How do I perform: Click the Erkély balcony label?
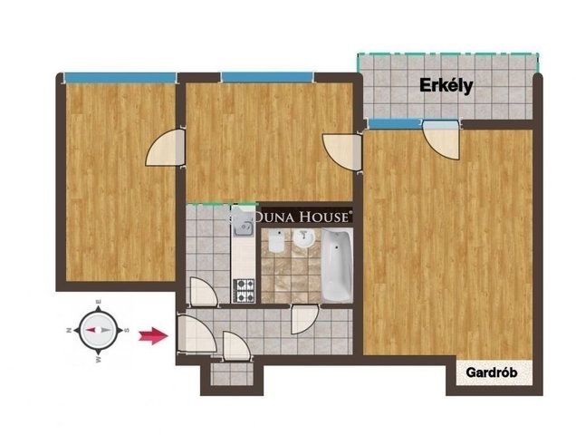pos(446,86)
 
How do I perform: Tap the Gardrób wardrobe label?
pos(492,372)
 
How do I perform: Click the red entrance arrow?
pos(153,335)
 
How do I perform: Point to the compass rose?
pos(99,330)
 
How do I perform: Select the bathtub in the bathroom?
pos(337,266)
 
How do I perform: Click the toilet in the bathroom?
pos(276,241)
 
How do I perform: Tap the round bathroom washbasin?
pos(303,238)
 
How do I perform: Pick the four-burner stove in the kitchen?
pos(244,291)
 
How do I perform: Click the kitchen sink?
pos(243,229)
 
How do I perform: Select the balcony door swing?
pos(441,139)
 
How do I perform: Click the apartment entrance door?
pos(197,334)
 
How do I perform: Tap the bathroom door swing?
pos(304,319)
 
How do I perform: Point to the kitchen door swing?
pos(205,292)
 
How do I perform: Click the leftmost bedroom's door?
pos(166,148)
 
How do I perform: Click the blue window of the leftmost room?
pos(120,78)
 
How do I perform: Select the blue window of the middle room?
pos(267,77)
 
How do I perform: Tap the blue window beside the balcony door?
pos(395,123)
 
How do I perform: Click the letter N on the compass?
pos(68,330)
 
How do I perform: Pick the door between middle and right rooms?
pos(341,152)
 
